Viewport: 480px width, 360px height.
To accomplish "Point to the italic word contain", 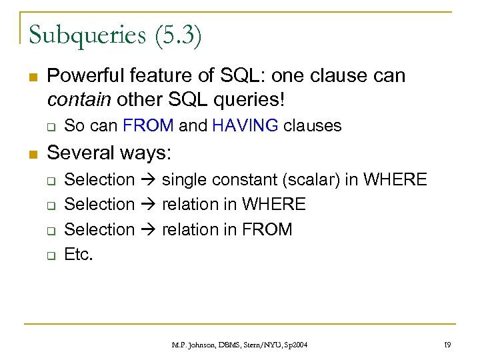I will [79, 100].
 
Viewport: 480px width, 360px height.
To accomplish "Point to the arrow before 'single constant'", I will [149, 180].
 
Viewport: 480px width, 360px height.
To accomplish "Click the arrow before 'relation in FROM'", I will [149, 230].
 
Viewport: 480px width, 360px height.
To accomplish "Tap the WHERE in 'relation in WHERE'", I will [274, 205].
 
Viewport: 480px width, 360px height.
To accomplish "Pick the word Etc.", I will [78, 254].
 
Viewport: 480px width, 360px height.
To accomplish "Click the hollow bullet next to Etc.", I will [49, 255].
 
